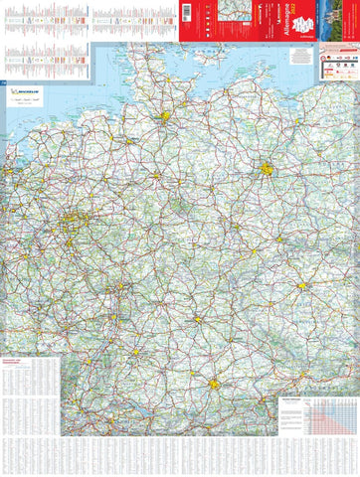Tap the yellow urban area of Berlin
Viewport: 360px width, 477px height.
pyautogui.click(x=266, y=169)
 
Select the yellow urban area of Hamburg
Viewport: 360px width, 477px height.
pyautogui.click(x=165, y=116)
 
